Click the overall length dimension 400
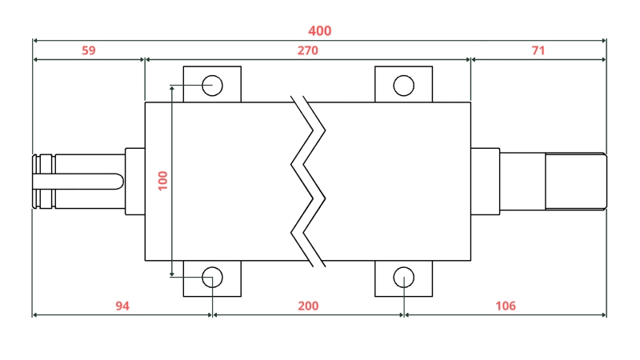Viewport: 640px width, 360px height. coord(319,31)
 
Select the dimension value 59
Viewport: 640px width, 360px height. coord(89,50)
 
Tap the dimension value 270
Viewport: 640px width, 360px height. coord(308,50)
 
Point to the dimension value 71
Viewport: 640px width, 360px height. coord(538,50)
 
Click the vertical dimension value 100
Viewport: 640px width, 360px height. coord(163,180)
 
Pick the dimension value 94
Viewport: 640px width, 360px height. coord(122,306)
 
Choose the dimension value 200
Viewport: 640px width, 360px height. coord(308,306)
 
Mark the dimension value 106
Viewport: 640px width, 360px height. coord(506,306)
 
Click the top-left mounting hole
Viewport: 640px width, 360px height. coord(212,84)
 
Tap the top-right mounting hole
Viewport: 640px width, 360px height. coord(404,84)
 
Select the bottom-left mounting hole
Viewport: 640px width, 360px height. coord(212,278)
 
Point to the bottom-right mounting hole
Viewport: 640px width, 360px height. coord(404,278)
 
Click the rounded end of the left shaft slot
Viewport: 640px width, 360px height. coord(119,182)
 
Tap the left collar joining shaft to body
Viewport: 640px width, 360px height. coord(135,182)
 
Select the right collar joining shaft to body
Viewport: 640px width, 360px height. coord(485,180)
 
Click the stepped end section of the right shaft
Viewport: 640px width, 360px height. coord(574,181)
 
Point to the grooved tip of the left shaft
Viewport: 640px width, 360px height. coord(43,182)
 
